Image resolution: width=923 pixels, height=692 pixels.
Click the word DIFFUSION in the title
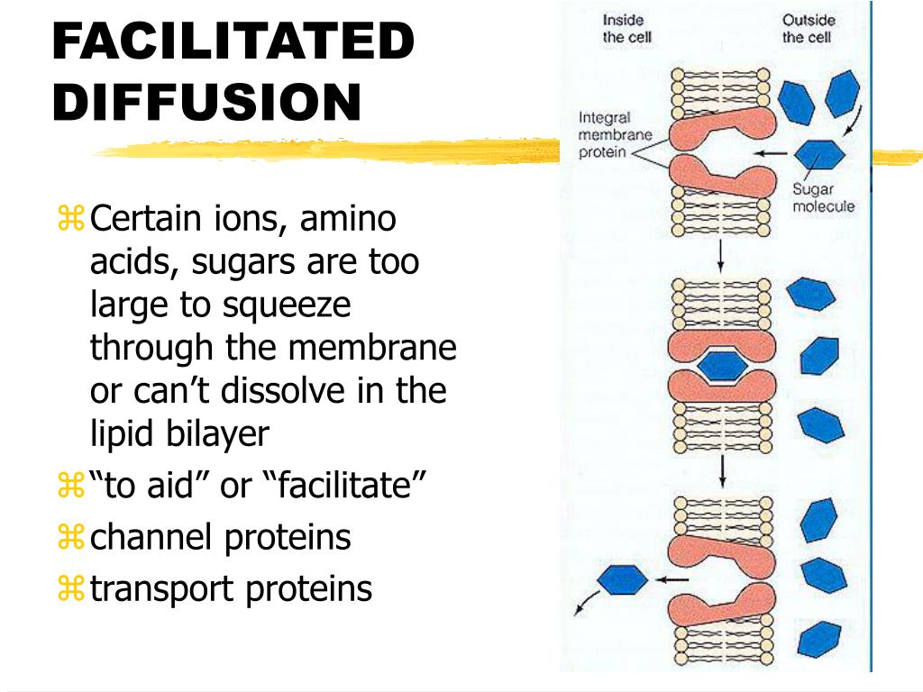click(x=206, y=102)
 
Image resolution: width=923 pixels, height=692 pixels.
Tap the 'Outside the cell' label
click(x=808, y=28)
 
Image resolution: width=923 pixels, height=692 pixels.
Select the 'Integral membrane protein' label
click(x=605, y=134)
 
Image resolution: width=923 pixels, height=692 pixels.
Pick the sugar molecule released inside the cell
click(x=623, y=579)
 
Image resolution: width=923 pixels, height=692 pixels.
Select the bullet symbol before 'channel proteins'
click(x=69, y=537)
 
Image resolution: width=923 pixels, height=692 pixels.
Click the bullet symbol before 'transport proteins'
click(x=69, y=588)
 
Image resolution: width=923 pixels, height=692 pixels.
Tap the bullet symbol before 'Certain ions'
click(x=69, y=217)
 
